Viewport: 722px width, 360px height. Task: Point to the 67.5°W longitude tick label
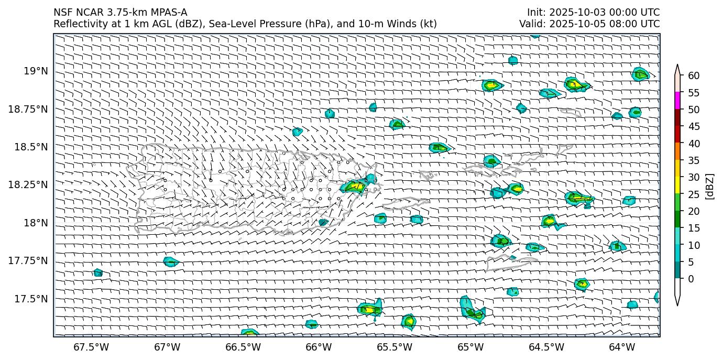coord(91,347)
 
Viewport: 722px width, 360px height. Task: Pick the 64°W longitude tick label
coord(622,347)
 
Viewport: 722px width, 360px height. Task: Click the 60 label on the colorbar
coord(694,76)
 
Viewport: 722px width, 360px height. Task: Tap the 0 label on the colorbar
coord(691,279)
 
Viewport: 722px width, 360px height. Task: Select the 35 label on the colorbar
coord(694,160)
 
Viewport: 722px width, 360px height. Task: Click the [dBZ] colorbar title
coord(710,186)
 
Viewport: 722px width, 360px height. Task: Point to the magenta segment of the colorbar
coord(677,101)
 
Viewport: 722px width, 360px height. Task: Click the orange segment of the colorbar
coord(677,151)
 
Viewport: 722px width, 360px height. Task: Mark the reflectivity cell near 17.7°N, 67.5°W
coord(98,272)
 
